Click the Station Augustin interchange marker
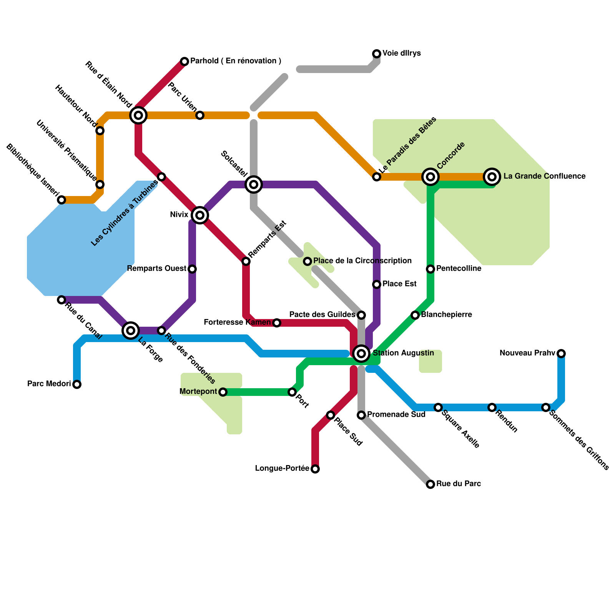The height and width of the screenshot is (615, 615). click(x=361, y=353)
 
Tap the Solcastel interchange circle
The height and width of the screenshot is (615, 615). click(x=254, y=184)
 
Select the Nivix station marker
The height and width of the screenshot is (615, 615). click(x=200, y=215)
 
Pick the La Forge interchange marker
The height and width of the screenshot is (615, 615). click(x=131, y=330)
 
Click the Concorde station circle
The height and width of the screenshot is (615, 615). click(x=430, y=177)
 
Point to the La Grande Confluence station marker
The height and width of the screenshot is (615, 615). click(x=492, y=177)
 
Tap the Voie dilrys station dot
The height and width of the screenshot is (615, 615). click(x=377, y=53)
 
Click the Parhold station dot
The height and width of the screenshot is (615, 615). click(x=184, y=61)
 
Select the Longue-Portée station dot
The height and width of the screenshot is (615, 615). click(x=315, y=469)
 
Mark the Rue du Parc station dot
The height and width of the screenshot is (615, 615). click(x=430, y=484)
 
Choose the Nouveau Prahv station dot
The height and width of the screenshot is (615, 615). click(x=561, y=353)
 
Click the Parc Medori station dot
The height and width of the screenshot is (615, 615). click(x=77, y=384)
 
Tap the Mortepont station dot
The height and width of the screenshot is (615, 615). click(x=223, y=392)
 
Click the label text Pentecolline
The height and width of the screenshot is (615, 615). click(x=459, y=269)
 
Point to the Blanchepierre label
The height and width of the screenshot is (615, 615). click(x=446, y=315)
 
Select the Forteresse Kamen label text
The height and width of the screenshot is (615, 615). click(x=237, y=322)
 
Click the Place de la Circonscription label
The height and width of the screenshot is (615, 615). click(x=362, y=261)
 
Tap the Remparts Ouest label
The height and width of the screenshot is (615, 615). click(x=156, y=269)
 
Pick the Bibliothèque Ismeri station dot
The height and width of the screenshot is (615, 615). click(x=61, y=200)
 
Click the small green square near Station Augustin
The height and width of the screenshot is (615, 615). click(x=430, y=361)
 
